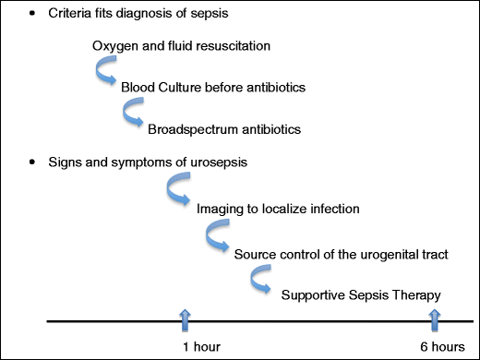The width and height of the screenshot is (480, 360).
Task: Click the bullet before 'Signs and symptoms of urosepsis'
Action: pos(32,163)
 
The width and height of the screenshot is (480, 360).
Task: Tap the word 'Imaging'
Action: pos(220,209)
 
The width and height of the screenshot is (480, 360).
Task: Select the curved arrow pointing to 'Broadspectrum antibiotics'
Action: pos(135,114)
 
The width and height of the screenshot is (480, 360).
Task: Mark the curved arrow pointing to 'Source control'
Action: pos(218,238)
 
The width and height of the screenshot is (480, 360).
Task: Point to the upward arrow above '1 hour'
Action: pos(186,318)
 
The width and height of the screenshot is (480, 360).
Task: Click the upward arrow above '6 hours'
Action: pos(434,318)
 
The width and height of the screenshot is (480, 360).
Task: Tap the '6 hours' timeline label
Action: pos(441,346)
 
